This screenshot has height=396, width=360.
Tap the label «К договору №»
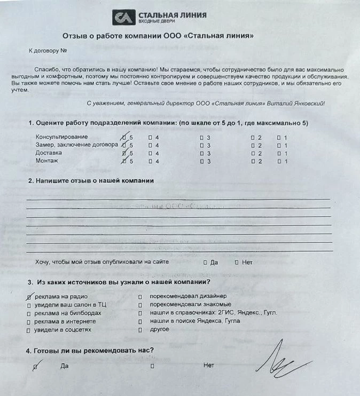coord(47,52)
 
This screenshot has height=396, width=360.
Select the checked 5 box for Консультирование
coord(124,137)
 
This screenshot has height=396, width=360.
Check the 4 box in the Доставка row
coord(151,153)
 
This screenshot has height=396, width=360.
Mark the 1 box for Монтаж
coord(278,161)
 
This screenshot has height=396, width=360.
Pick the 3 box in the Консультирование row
coord(201,137)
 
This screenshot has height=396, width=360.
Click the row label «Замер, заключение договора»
coord(76,145)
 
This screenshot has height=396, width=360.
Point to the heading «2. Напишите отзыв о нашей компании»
coord(91,180)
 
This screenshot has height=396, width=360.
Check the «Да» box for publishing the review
coord(206,263)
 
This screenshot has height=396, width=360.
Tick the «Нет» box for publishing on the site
coord(236,263)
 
